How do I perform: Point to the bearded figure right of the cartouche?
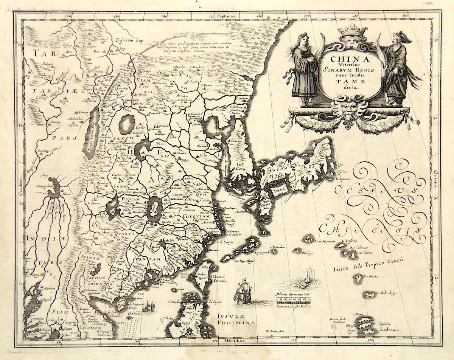[x=398, y=68]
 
